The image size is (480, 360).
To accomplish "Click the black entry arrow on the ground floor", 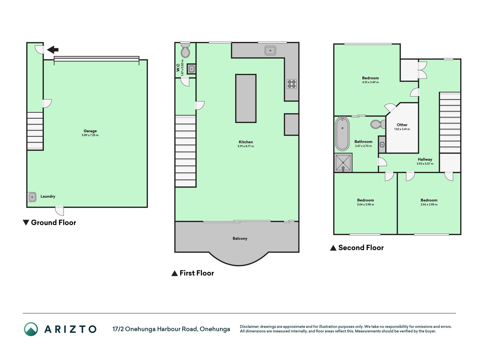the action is pos(53,50).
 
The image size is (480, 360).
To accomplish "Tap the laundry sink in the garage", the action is pos(32,197).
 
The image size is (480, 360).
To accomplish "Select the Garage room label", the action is pos(90,131).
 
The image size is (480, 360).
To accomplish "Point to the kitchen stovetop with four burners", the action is pos(292,84).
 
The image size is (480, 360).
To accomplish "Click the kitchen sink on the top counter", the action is pos(270,51).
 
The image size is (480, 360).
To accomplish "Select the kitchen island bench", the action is pos(246,98).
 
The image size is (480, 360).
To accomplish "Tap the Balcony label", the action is pos(240,238).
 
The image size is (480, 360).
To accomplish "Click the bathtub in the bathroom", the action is pos(342,134).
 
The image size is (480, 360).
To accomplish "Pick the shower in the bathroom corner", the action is pos(343,163).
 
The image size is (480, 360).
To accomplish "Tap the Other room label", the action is pos(402,125).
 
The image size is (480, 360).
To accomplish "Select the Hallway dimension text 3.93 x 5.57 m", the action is pos(425,164).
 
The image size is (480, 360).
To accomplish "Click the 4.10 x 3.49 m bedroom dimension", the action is pos(370,82).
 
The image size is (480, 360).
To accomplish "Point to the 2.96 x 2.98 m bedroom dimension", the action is pos(429,204).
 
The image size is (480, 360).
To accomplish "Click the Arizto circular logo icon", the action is pos(31,329).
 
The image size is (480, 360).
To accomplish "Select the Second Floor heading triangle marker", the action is pos(333,248).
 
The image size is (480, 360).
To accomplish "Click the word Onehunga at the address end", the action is pos(215,329).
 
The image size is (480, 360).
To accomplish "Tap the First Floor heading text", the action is pos(197,273).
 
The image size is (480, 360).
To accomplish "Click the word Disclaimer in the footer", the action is pos(249,327).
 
